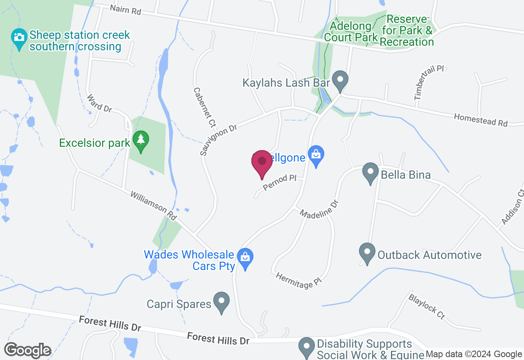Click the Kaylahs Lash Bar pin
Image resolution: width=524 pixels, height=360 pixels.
pos(339,80)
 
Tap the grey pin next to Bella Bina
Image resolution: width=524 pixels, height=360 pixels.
pos(370,173)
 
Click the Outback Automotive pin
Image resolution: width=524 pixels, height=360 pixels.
pos(367,253)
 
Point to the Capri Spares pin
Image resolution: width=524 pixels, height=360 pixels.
pos(221,301)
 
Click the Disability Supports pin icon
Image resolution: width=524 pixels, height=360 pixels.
pos(307,347)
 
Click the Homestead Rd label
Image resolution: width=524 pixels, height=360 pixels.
pos(481,120)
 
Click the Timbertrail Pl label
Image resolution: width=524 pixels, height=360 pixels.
pos(429,82)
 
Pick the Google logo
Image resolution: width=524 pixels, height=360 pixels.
pos(27,350)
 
